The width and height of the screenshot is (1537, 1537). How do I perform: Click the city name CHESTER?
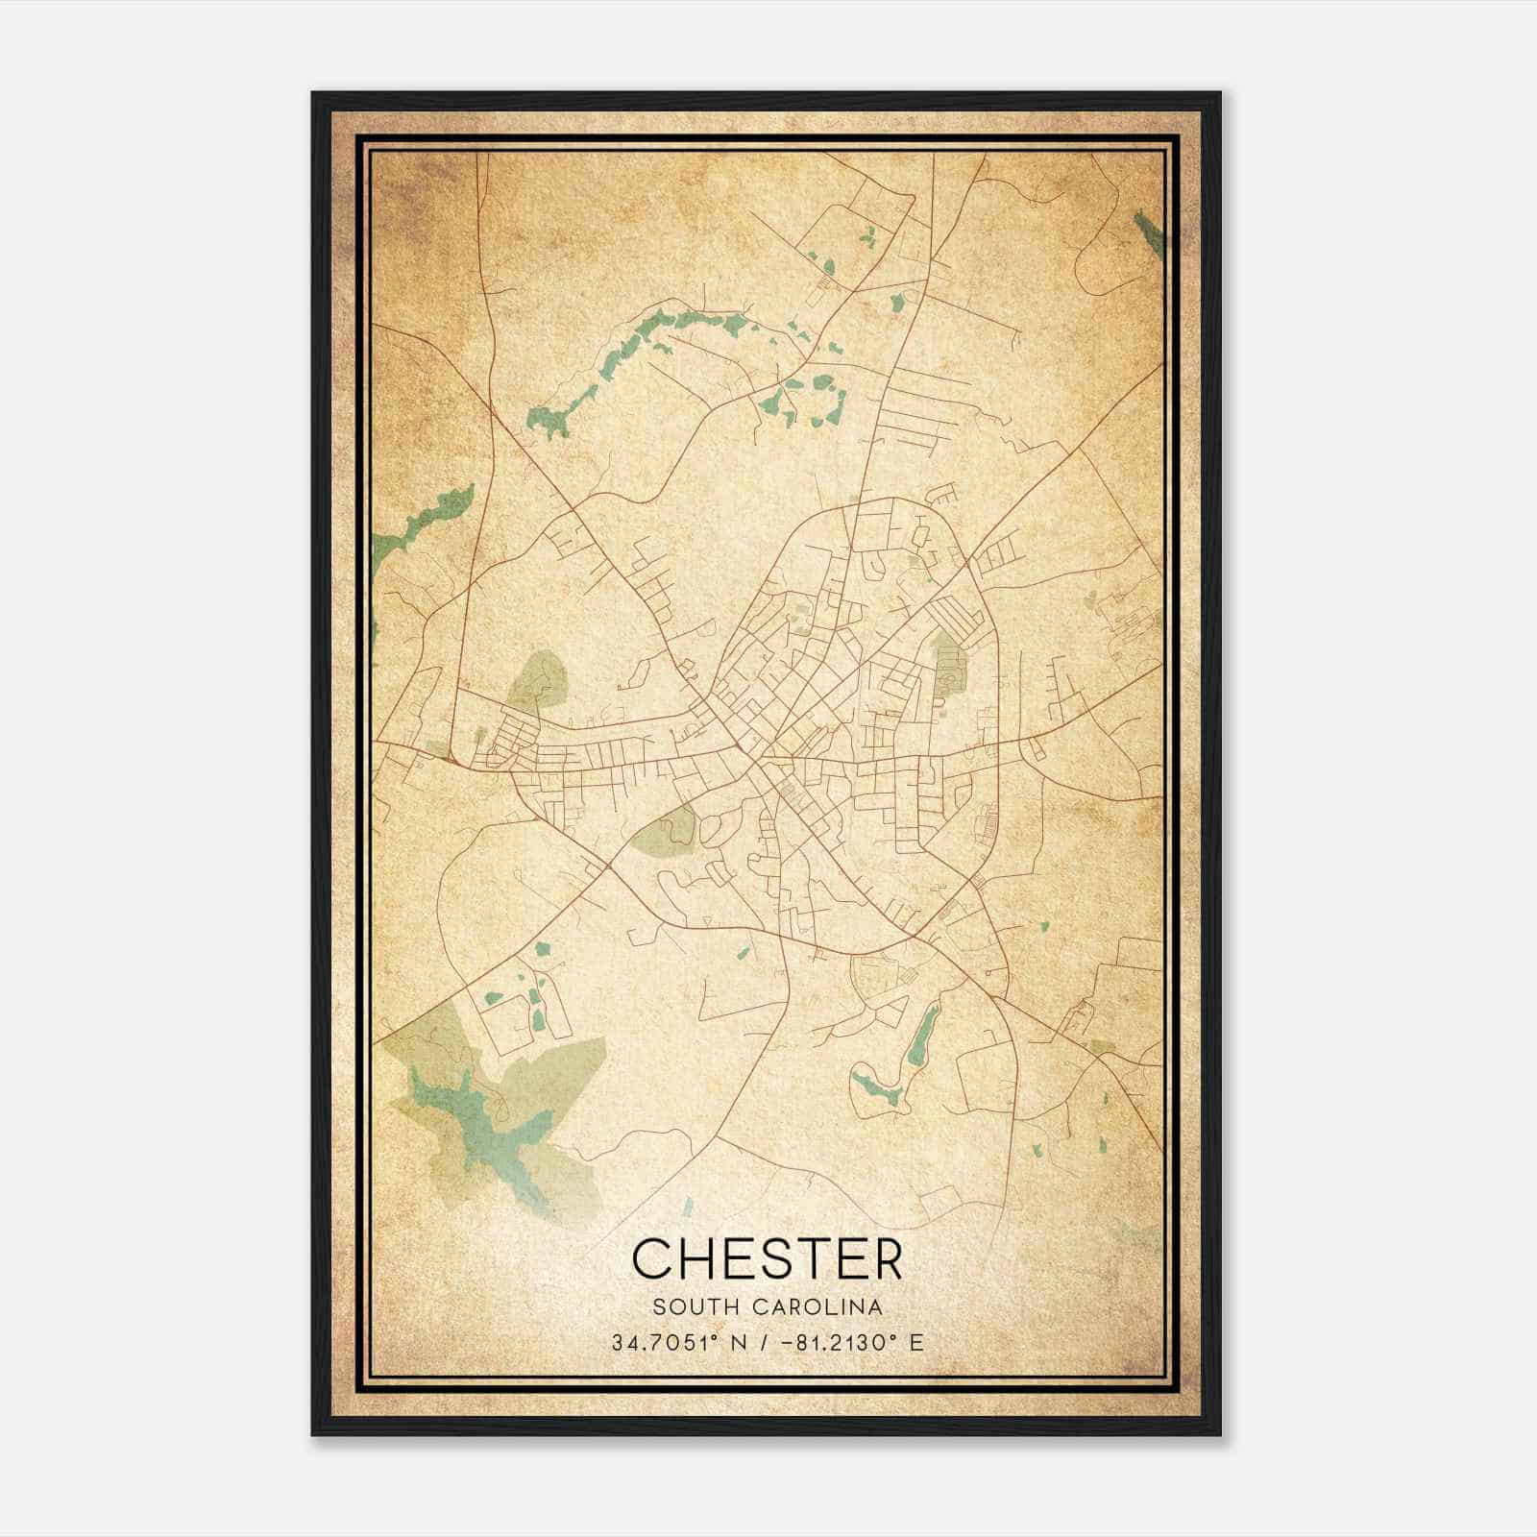click(x=768, y=1258)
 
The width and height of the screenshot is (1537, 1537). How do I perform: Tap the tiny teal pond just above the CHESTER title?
click(x=688, y=1202)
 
